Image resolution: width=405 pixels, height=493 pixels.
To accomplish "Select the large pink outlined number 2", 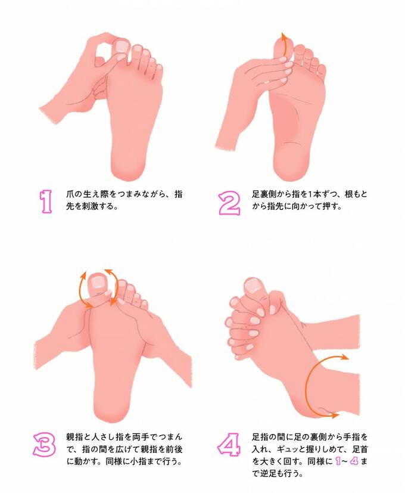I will pos(229,202).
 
